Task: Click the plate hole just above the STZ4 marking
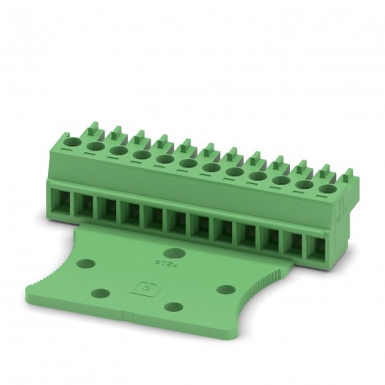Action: click(x=175, y=252)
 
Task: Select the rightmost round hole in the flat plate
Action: click(x=225, y=289)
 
